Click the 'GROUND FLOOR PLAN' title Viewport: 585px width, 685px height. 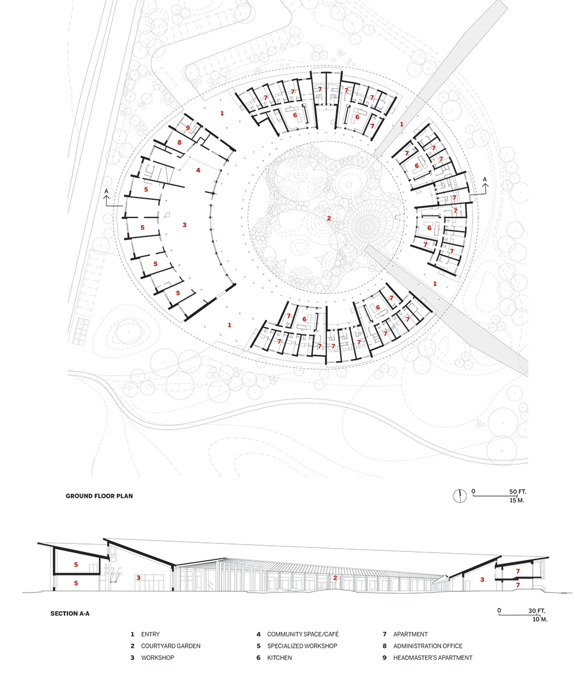tap(99, 496)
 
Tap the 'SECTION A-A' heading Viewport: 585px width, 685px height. tap(70, 614)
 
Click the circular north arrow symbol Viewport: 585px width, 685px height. tap(460, 496)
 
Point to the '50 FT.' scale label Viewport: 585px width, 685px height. tap(518, 491)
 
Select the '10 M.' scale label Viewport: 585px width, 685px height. tap(540, 619)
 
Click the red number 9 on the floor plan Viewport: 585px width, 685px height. tap(188, 128)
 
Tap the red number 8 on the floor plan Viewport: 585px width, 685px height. tap(179, 143)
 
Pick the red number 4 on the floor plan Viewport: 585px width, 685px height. tap(198, 170)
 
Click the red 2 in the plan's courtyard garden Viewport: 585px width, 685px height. tap(329, 219)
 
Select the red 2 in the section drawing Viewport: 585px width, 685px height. tap(335, 578)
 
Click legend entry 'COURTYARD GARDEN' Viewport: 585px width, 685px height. tap(171, 646)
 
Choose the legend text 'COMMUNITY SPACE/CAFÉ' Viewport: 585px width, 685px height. tap(302, 634)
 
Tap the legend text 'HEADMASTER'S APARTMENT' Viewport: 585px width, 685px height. tap(433, 658)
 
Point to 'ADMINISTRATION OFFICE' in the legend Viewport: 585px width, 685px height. tap(427, 646)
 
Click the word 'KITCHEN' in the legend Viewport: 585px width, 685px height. tap(280, 658)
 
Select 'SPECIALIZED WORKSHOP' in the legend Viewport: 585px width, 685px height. tap(302, 646)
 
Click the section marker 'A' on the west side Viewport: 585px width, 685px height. tap(106, 191)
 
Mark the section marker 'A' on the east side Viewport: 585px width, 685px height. tap(485, 179)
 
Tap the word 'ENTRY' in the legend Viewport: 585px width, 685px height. tap(151, 634)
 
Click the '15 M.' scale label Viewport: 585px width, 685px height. tap(517, 501)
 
